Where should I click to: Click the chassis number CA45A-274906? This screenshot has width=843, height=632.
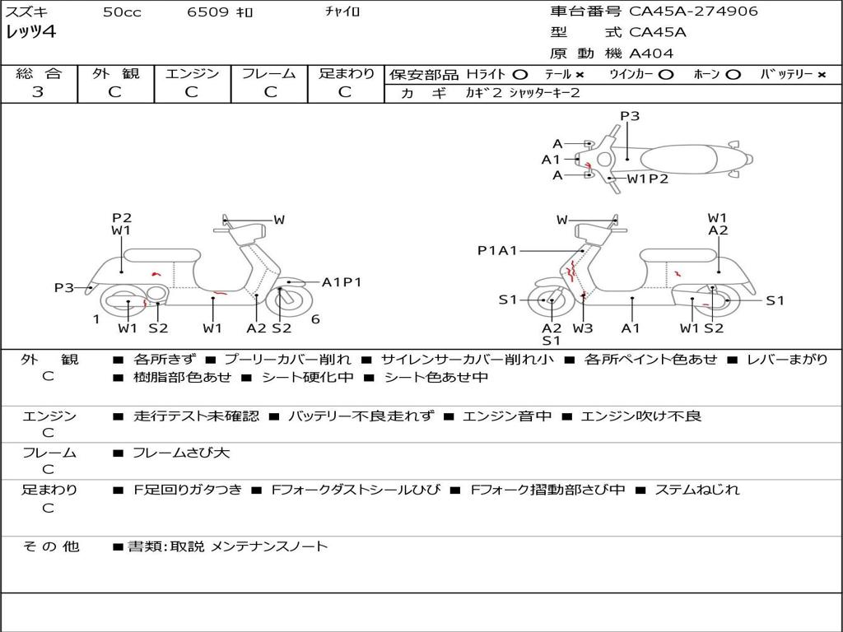[693, 12]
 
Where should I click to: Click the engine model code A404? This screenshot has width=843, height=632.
[651, 53]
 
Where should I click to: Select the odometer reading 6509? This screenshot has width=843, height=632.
[207, 12]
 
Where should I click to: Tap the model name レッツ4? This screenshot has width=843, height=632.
[30, 32]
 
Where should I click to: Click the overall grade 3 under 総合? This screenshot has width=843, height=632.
[38, 92]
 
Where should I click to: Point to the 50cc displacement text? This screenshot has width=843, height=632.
[122, 12]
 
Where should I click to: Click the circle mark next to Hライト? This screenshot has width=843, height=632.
[520, 75]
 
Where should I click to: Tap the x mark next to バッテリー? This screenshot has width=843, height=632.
[822, 75]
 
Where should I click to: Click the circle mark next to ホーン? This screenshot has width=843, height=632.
[734, 75]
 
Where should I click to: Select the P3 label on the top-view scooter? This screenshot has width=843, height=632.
[630, 116]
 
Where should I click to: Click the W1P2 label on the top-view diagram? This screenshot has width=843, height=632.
[647, 179]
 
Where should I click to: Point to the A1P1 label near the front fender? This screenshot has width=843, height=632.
[342, 282]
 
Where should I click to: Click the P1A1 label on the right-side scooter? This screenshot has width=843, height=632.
[497, 250]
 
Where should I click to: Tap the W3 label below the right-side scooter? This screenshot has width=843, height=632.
[582, 328]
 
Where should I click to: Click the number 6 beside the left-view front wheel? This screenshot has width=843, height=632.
[315, 319]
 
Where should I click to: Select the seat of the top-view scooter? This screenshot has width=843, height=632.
[679, 160]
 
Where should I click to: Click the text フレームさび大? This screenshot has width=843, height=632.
[181, 453]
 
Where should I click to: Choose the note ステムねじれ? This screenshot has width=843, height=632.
[696, 490]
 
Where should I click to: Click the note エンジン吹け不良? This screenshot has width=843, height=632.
[640, 416]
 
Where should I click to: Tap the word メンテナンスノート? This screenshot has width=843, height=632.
[269, 546]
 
